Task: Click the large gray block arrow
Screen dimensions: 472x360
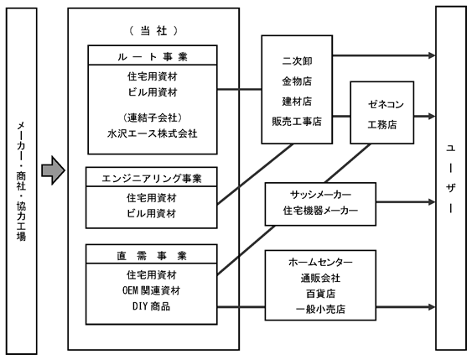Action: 53,170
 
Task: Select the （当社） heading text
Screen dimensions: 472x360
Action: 153,31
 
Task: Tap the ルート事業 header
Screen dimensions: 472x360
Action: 153,56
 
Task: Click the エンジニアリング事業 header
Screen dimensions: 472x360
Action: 152,179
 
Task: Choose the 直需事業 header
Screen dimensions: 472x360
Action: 152,255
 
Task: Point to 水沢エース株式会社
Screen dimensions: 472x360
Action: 153,133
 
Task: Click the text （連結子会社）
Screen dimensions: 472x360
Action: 153,117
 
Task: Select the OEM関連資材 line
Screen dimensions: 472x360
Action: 152,290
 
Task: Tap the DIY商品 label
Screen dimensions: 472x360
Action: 152,306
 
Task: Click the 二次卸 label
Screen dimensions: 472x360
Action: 297,61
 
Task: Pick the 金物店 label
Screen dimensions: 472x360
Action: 297,81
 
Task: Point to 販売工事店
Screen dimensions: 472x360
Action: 297,122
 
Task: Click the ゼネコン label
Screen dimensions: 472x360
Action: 386,105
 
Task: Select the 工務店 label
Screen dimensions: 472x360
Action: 382,124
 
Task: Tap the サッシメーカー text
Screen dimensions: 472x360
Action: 320,195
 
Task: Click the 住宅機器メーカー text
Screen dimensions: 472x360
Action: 320,211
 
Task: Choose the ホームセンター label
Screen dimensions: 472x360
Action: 320,262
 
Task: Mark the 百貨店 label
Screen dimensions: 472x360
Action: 320,294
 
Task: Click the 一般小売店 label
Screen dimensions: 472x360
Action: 320,309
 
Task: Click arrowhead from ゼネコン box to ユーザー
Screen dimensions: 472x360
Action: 432,117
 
